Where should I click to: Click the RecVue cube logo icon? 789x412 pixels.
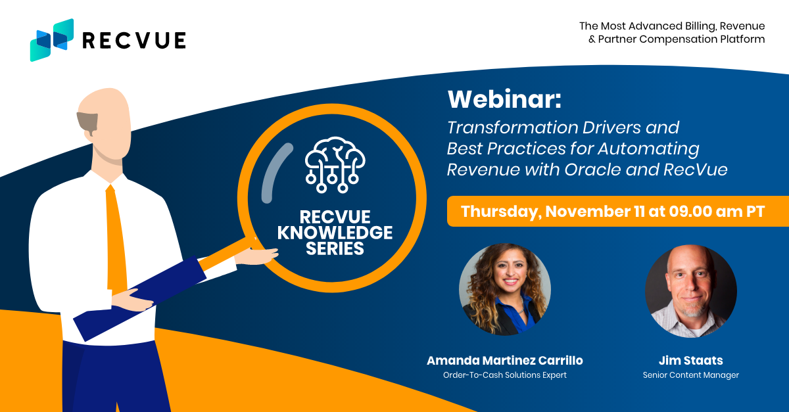point(52,40)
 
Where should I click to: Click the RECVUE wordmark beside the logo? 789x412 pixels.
point(134,40)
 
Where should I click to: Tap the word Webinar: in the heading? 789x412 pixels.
point(504,99)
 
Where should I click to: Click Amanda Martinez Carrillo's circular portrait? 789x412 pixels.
point(505,289)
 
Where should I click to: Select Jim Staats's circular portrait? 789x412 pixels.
point(691,291)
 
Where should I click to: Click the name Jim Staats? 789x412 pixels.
point(691,360)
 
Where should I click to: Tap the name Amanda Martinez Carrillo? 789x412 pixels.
point(505,360)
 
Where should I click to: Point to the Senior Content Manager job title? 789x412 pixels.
point(691,375)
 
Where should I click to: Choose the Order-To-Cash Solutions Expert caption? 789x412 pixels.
point(505,375)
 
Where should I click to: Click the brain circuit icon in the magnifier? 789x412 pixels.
point(335,165)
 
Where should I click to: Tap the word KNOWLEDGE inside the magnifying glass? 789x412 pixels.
point(335,233)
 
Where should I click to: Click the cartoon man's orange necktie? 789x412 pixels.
point(116,239)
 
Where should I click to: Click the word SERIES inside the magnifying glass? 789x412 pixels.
point(335,248)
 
